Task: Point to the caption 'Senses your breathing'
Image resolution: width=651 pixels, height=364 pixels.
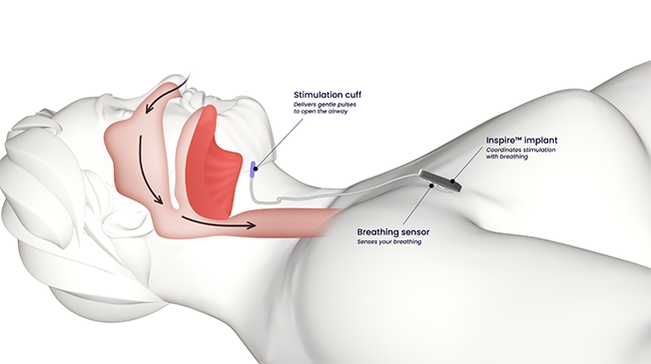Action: tap(390, 242)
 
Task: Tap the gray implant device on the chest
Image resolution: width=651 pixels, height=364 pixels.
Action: tap(438, 181)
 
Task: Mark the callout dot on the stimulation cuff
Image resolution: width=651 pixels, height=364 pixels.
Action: tap(257, 170)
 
